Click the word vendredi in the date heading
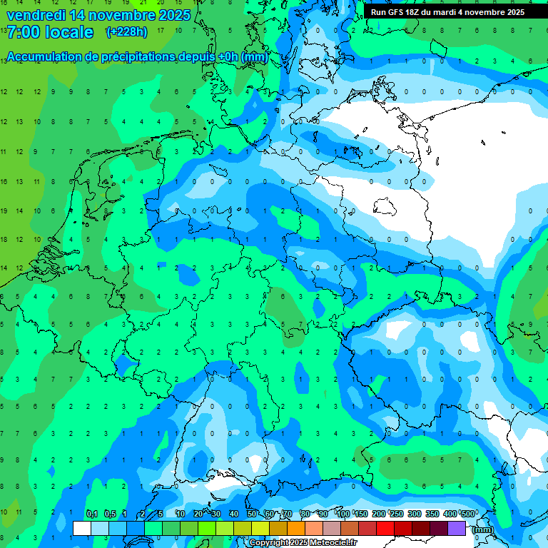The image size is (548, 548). (36, 14)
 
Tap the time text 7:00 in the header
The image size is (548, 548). (25, 32)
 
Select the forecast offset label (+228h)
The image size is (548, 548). (127, 32)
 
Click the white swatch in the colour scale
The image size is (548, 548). (82, 528)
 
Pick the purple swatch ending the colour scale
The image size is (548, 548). (457, 528)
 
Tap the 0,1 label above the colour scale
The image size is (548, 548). (91, 514)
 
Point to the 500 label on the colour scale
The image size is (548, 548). (467, 514)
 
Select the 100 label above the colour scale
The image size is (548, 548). (343, 514)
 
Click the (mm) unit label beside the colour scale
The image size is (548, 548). (482, 529)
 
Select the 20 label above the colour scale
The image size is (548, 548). (198, 514)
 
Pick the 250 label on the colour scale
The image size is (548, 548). (396, 514)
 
